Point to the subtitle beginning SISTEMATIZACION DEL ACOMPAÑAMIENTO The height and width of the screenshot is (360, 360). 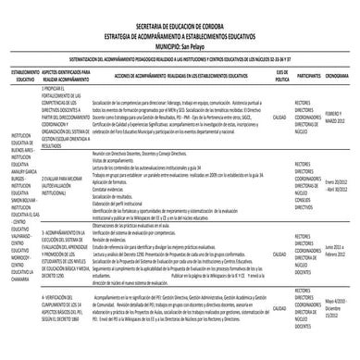(180, 56)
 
